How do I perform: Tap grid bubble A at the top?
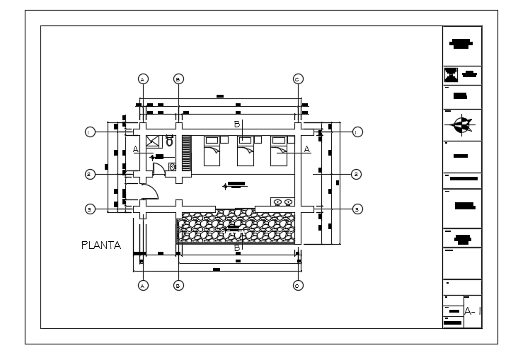coord(143,79)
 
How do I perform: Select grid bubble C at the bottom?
coord(297,285)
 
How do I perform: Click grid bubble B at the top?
coord(178,79)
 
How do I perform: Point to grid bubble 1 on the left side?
coord(90,132)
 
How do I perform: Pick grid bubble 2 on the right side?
coord(357,173)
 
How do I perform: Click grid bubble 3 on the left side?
coord(90,209)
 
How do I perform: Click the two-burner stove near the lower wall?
coord(282,202)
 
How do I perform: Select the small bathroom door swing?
coord(159,168)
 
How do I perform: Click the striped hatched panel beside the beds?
coord(187,152)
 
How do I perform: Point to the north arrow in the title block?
coord(461,125)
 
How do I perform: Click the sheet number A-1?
coord(473,310)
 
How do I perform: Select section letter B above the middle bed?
coord(238,124)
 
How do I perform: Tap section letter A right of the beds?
coord(307,149)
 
